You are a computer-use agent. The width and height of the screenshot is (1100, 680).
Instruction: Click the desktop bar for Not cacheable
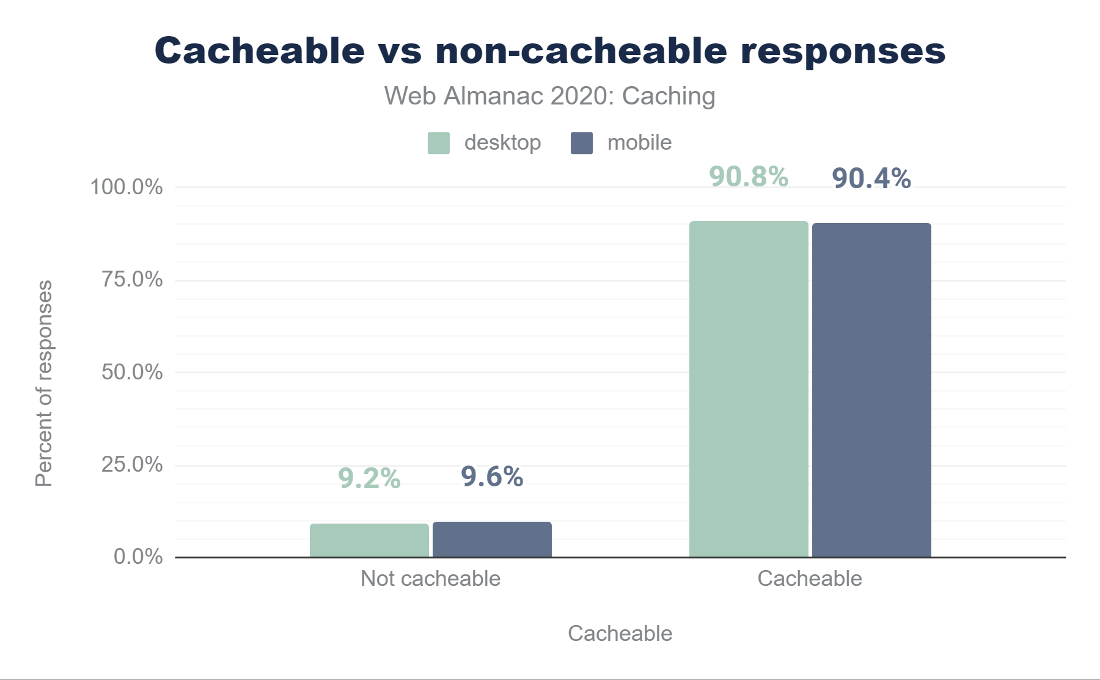pyautogui.click(x=369, y=540)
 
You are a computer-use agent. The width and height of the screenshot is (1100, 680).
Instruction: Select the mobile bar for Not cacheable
pyautogui.click(x=492, y=539)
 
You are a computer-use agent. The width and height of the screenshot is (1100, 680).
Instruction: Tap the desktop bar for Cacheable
pyautogui.click(x=749, y=389)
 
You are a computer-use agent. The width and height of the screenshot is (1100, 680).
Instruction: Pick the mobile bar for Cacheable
pyautogui.click(x=871, y=390)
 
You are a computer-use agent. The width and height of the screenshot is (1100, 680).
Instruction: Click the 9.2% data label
pyautogui.click(x=369, y=478)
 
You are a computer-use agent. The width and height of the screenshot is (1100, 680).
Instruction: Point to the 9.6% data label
pyautogui.click(x=492, y=477)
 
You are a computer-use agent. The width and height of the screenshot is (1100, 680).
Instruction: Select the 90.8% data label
pyautogui.click(x=749, y=177)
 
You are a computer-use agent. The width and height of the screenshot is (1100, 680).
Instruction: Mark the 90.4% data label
pyautogui.click(x=871, y=178)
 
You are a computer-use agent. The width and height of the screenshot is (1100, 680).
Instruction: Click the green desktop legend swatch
pyautogui.click(x=439, y=143)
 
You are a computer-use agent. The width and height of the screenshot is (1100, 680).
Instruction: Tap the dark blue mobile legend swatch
pyautogui.click(x=581, y=143)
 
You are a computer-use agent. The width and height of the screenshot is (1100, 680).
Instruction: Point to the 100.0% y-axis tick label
pyautogui.click(x=127, y=187)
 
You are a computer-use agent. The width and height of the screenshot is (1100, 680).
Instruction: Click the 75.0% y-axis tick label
pyautogui.click(x=132, y=280)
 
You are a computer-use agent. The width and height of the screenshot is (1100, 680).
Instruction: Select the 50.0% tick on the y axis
pyautogui.click(x=132, y=372)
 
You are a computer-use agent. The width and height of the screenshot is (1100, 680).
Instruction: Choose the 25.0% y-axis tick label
pyautogui.click(x=132, y=465)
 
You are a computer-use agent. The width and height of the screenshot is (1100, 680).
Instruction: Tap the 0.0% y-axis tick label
pyautogui.click(x=138, y=557)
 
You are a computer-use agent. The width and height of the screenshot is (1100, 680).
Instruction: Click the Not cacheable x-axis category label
pyautogui.click(x=430, y=579)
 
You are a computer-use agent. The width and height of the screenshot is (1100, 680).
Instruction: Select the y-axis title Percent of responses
pyautogui.click(x=44, y=383)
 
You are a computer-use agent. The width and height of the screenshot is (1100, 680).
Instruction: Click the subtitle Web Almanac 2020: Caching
pyautogui.click(x=549, y=97)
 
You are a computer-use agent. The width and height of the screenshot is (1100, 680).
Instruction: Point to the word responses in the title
pyautogui.click(x=843, y=51)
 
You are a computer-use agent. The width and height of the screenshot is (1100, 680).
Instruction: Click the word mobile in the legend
pyautogui.click(x=639, y=143)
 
